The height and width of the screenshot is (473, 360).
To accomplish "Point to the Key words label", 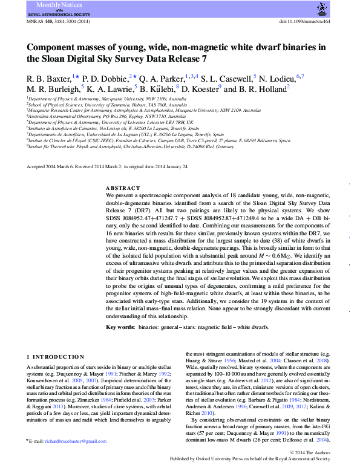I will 120,327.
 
